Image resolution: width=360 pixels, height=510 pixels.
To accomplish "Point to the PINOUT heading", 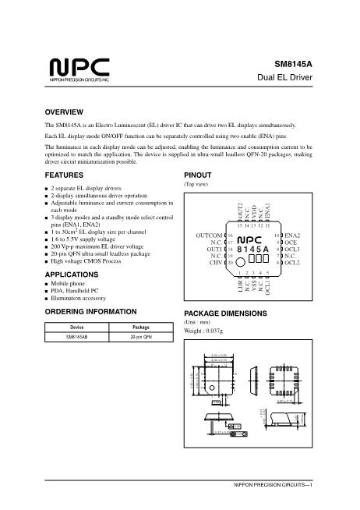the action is pyautogui.click(x=199, y=175).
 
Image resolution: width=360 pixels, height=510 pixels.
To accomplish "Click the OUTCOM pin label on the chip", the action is pyautogui.click(x=206, y=235).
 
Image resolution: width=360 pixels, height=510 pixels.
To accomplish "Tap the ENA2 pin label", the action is pyautogui.click(x=294, y=235).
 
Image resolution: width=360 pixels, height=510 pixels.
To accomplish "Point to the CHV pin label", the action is pyautogui.click(x=213, y=263).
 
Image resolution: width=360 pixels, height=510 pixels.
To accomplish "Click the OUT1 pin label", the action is pyautogui.click(x=210, y=249).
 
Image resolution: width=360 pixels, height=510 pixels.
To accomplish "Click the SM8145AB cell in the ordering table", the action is pyautogui.click(x=77, y=337).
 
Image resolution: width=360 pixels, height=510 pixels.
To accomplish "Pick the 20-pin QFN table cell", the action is pyautogui.click(x=141, y=337).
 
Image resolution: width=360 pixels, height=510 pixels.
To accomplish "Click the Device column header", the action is pyautogui.click(x=77, y=328).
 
